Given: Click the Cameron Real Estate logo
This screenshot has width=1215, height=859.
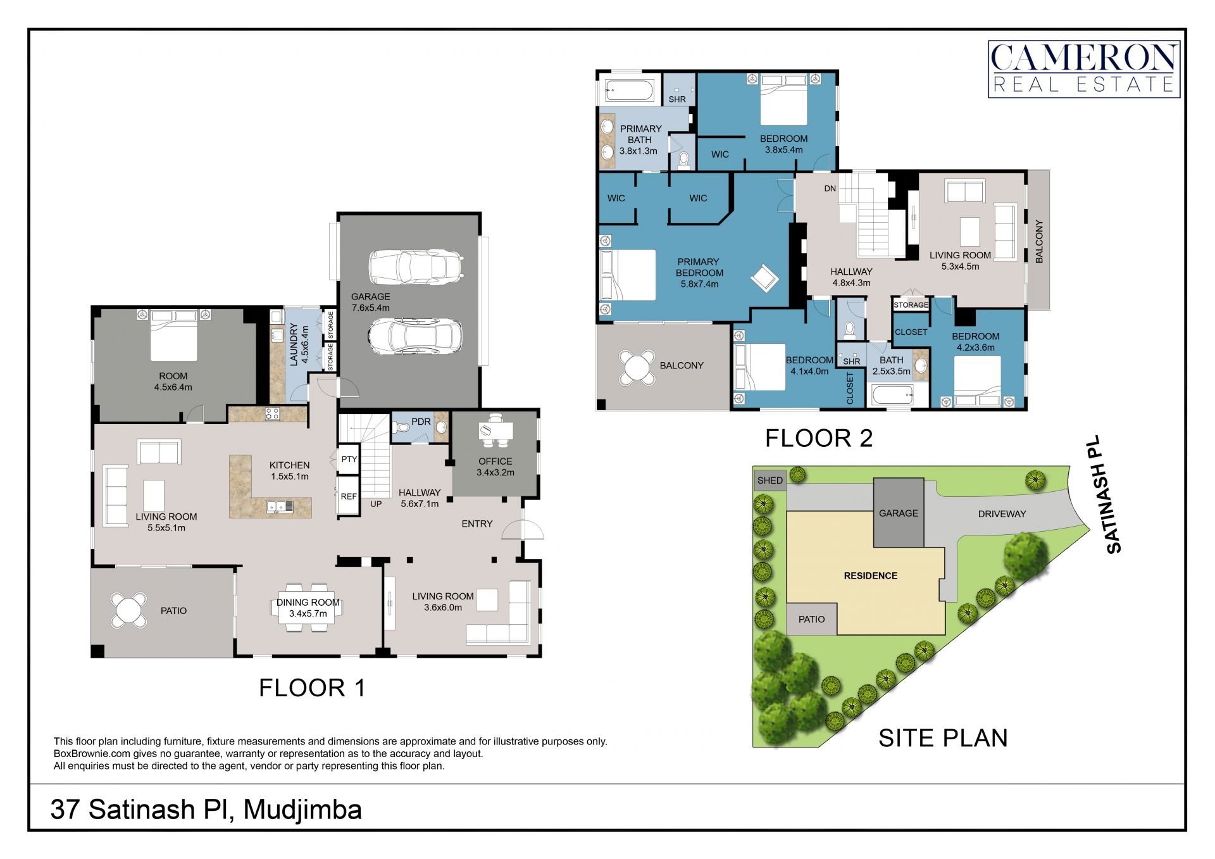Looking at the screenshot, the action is point(1084,69).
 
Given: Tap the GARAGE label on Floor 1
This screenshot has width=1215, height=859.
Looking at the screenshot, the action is point(370,296).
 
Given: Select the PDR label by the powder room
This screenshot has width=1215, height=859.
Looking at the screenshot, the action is point(421,422).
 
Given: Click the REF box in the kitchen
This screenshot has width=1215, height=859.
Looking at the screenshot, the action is point(349,496).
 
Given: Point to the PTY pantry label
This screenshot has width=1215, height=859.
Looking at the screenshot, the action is point(349,459).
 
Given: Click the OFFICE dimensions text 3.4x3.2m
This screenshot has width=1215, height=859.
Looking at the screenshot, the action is point(495,472).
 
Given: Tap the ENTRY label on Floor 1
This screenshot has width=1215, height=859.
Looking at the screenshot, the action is point(477,524).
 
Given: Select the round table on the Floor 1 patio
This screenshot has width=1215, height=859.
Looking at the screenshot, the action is point(129,610).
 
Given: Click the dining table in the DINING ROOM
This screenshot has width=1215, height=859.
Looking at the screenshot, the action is point(308,608).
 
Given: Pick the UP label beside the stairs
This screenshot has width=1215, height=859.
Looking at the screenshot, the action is point(376,504).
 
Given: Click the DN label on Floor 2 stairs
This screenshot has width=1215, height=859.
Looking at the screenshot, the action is point(830,189).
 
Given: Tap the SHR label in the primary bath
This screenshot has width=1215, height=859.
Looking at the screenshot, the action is point(677,99).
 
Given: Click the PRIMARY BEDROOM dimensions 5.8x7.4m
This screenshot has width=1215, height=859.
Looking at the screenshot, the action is point(699,284).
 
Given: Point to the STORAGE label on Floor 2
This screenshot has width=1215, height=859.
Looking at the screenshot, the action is point(911,305).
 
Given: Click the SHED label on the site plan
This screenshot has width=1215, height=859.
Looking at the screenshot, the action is point(770,480).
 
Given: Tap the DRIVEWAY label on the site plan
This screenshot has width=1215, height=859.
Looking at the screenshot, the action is point(1002,514).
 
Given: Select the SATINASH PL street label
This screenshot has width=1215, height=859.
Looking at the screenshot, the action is point(1106,494).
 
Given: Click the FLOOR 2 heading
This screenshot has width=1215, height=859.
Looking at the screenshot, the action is point(819,438).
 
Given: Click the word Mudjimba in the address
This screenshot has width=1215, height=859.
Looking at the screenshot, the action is point(302,810).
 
